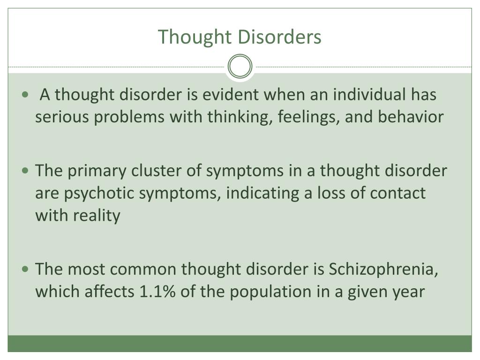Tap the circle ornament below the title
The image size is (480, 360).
point(240,67)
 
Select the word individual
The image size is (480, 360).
point(370,95)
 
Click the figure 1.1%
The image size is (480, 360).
point(158,292)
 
